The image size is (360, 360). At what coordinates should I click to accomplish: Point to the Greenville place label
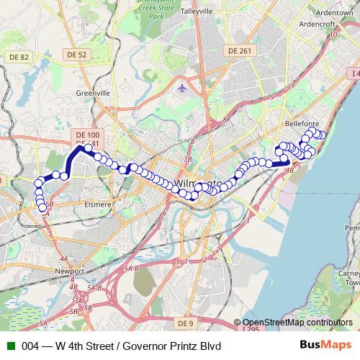[93, 93]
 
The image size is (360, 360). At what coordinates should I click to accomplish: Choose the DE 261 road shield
[240, 50]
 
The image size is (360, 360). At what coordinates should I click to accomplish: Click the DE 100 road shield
[88, 135]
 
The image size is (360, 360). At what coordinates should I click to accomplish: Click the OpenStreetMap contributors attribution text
[297, 323]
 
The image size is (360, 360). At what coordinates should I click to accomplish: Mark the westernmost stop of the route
[38, 184]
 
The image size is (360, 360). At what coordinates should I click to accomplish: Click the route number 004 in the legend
[31, 346]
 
